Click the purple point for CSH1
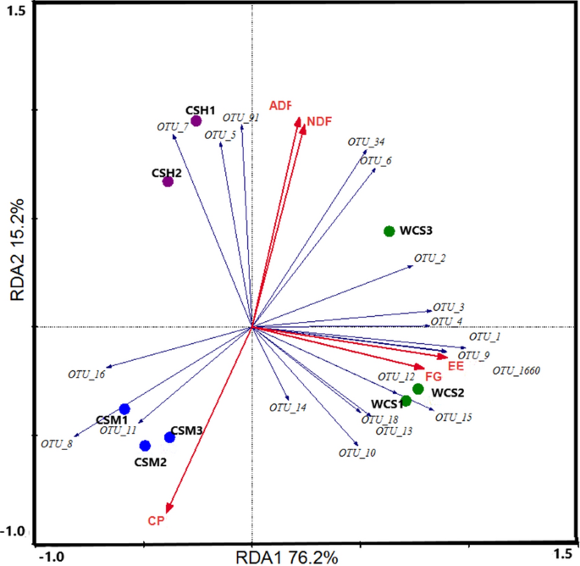tap(196, 121)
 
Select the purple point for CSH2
tap(168, 181)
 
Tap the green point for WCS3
tap(389, 231)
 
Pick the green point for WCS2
tap(417, 389)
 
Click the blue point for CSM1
tap(124, 409)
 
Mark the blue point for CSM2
tap(145, 446)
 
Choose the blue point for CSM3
tap(169, 437)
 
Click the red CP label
tap(155, 520)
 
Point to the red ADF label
tap(280, 106)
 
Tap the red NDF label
tap(319, 122)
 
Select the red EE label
tap(456, 366)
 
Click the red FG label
tap(433, 376)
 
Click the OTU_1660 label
tap(516, 370)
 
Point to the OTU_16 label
tap(86, 374)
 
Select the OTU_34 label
tap(366, 141)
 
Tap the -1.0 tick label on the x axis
tap(52, 557)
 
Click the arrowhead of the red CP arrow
tap(169, 508)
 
